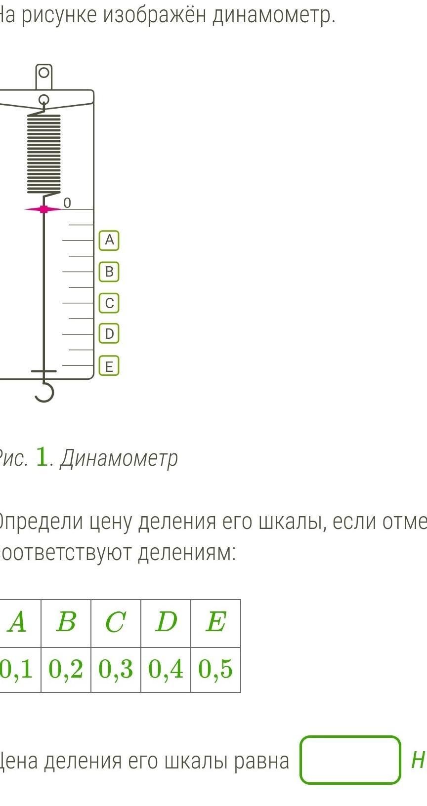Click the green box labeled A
(109, 241)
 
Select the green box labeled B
(109, 272)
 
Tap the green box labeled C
(109, 303)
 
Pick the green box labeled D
(109, 334)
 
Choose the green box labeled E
(109, 366)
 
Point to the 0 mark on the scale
(67, 203)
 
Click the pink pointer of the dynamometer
(43, 209)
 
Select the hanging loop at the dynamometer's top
(43, 74)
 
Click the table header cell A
(18, 622)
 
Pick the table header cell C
(116, 622)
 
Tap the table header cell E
(215, 622)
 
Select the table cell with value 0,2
(66, 670)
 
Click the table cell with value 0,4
(166, 670)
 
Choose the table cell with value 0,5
(215, 670)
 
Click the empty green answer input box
(350, 760)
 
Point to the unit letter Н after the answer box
(418, 761)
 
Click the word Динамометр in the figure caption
(119, 459)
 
